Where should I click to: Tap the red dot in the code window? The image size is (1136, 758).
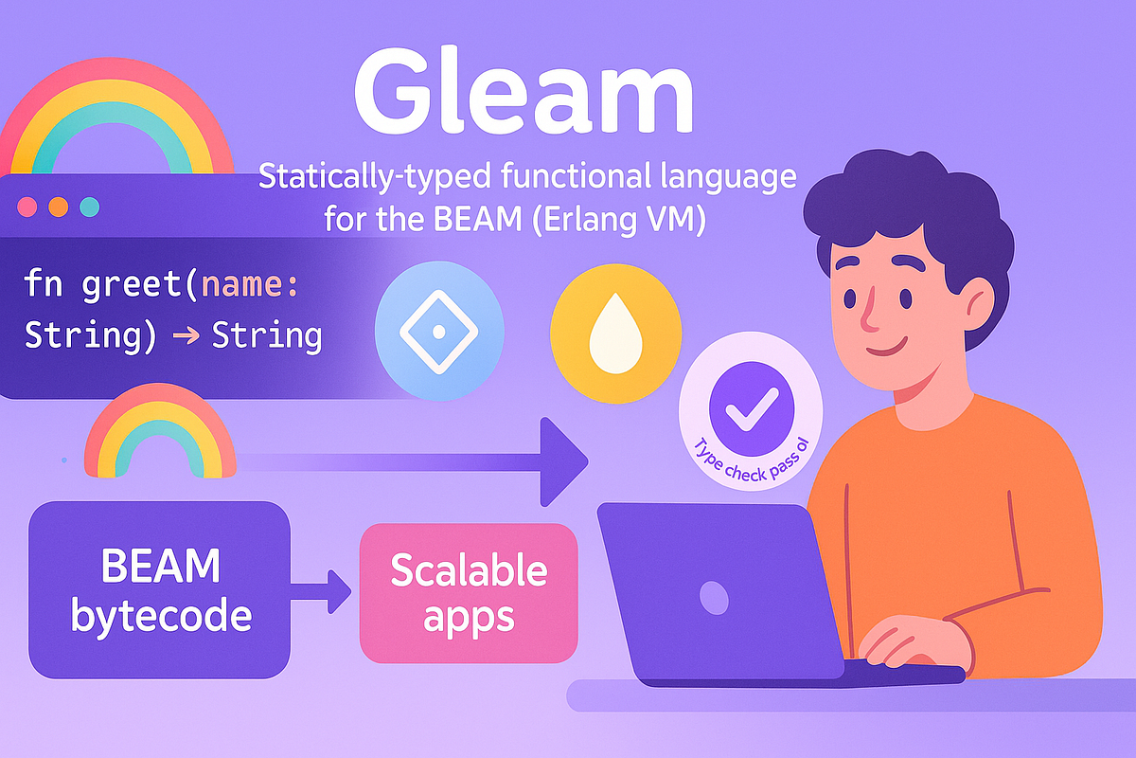(x=27, y=206)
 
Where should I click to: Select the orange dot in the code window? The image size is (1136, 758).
(x=58, y=206)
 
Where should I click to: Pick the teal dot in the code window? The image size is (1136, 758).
(x=89, y=206)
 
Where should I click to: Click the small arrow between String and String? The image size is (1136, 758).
(x=184, y=335)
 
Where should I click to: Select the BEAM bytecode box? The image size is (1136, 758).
(x=160, y=590)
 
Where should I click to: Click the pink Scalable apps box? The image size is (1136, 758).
(x=469, y=593)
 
